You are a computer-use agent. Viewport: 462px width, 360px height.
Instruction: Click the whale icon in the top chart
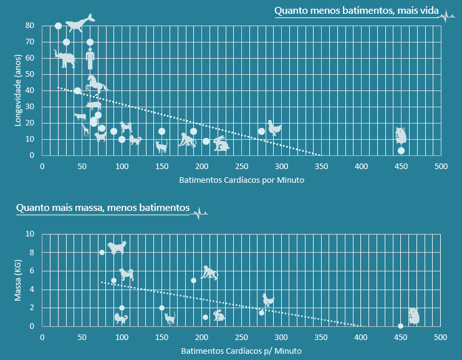click(79, 23)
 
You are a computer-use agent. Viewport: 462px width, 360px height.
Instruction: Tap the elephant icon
click(65, 59)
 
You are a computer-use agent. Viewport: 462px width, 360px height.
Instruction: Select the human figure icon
click(90, 58)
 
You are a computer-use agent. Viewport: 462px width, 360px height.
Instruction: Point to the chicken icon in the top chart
click(274, 128)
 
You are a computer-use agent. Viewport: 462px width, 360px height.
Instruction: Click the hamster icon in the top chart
click(401, 135)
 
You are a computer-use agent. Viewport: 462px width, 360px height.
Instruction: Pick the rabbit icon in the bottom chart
click(219, 316)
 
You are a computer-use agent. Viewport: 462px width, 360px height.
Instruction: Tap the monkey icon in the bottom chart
click(209, 273)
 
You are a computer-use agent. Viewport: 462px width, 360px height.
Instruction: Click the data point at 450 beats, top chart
click(401, 150)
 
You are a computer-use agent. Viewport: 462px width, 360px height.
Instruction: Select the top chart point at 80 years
click(58, 26)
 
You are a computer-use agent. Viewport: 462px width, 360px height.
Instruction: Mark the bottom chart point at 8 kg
click(102, 252)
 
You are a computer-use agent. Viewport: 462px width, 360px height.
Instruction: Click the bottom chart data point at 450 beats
click(400, 326)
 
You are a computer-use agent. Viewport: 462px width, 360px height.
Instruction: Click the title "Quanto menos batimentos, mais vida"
click(355, 11)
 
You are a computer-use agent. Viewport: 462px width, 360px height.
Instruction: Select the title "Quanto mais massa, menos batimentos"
click(103, 207)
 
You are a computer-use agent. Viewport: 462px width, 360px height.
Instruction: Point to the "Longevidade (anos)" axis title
click(19, 90)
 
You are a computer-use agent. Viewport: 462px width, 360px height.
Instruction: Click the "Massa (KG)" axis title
click(19, 280)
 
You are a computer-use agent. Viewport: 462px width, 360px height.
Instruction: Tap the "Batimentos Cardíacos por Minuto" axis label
click(241, 181)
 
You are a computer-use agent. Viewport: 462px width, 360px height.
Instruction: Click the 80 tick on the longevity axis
click(30, 26)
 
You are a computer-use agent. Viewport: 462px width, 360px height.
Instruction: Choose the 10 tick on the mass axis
click(30, 234)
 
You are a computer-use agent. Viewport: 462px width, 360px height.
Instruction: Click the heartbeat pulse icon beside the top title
click(446, 17)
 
